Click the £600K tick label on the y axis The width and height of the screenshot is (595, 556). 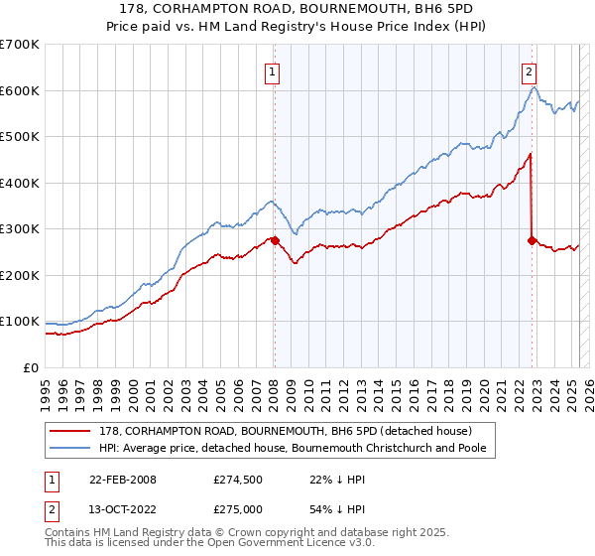tap(20, 90)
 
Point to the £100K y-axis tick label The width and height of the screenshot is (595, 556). tap(20, 322)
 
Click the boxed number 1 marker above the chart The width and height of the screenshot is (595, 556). tap(272, 70)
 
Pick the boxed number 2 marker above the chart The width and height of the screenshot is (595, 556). tap(530, 70)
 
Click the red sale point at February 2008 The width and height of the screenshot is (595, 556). tap(275, 240)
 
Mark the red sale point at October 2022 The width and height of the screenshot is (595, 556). tap(533, 240)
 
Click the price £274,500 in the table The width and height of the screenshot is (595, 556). tap(236, 480)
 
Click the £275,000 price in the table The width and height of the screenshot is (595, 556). tap(236, 509)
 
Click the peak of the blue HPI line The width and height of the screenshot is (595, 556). tap(534, 88)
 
